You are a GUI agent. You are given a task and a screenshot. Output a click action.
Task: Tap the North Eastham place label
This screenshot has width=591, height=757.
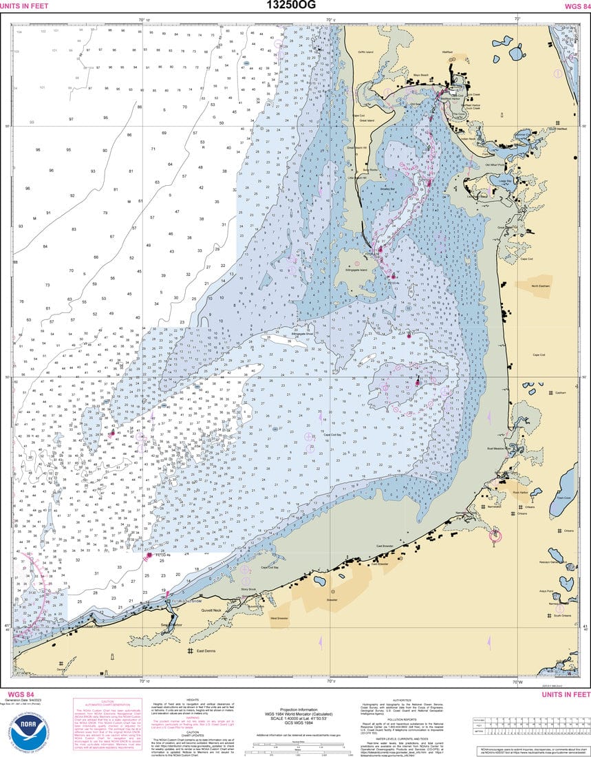[541, 286]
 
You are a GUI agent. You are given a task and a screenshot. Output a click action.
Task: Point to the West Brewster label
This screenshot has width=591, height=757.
[279, 619]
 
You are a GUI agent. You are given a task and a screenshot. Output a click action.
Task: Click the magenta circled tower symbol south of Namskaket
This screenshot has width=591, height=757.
[494, 535]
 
